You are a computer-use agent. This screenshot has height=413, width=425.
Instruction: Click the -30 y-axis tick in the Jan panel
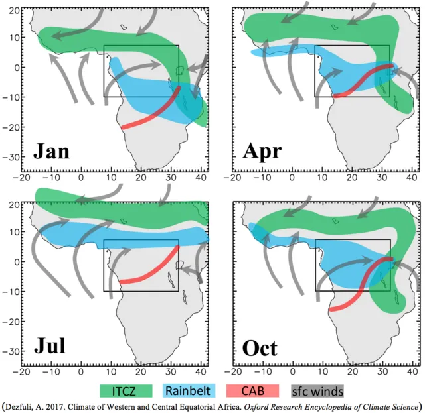[x=13, y=157]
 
